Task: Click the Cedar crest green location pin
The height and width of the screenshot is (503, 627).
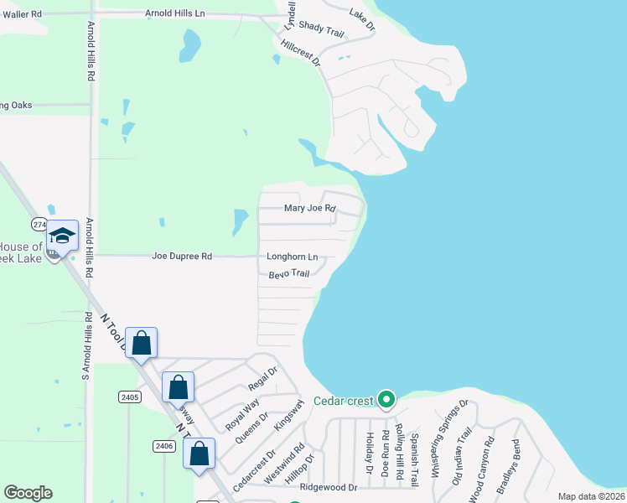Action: [386, 400]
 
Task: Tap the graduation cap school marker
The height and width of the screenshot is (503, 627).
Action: [62, 235]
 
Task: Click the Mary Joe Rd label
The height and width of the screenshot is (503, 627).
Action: [309, 208]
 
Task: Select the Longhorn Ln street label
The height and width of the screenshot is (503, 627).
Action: [292, 257]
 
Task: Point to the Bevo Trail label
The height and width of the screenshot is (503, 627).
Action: [289, 274]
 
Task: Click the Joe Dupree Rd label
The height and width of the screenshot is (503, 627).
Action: [182, 256]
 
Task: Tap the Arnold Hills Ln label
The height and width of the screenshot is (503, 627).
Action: [174, 14]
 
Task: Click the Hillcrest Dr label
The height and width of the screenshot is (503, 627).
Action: [301, 54]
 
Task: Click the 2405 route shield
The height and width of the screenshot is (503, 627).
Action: [128, 397]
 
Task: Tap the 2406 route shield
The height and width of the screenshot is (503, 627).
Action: [164, 446]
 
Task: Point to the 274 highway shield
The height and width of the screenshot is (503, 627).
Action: [40, 225]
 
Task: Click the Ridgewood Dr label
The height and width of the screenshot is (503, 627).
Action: [328, 487]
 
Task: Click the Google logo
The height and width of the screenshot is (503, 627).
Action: [28, 493]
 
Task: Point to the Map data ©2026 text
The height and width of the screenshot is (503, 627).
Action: [590, 496]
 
